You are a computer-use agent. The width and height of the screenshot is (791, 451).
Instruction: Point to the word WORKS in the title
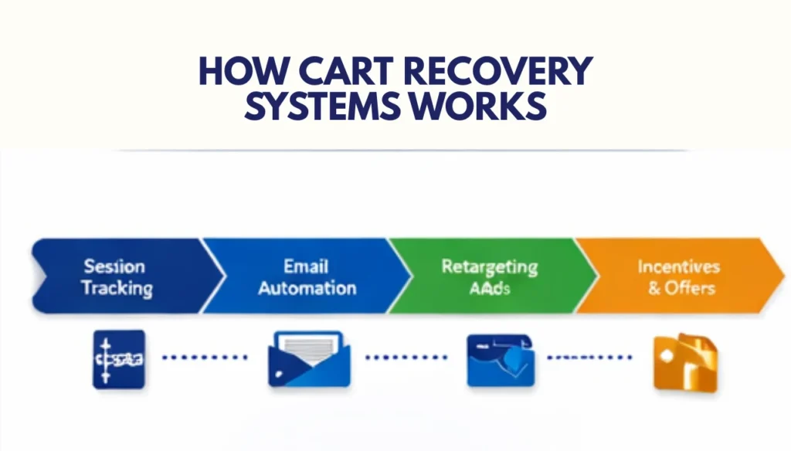pyautogui.click(x=479, y=107)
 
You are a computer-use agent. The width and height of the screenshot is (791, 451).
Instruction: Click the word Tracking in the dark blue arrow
pyautogui.click(x=117, y=289)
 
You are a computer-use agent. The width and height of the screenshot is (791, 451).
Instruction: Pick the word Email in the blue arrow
pyautogui.click(x=307, y=266)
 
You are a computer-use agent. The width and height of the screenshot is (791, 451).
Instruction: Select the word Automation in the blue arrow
pyautogui.click(x=307, y=289)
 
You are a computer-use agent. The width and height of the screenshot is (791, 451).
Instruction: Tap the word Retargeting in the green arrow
pyautogui.click(x=489, y=267)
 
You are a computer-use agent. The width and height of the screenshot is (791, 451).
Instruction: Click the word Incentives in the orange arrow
pyautogui.click(x=678, y=267)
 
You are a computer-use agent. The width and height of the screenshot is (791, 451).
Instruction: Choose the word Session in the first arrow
pyautogui.click(x=114, y=267)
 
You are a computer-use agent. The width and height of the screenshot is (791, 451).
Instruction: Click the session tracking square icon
pyautogui.click(x=118, y=358)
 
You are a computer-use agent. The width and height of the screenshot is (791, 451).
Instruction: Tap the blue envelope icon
pyautogui.click(x=308, y=358)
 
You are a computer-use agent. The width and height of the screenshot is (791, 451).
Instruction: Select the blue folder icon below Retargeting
pyautogui.click(x=499, y=359)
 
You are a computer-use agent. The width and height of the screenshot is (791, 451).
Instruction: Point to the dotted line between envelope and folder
pyautogui.click(x=406, y=358)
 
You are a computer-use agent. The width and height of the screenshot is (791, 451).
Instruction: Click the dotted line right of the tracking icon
pyautogui.click(x=205, y=358)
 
